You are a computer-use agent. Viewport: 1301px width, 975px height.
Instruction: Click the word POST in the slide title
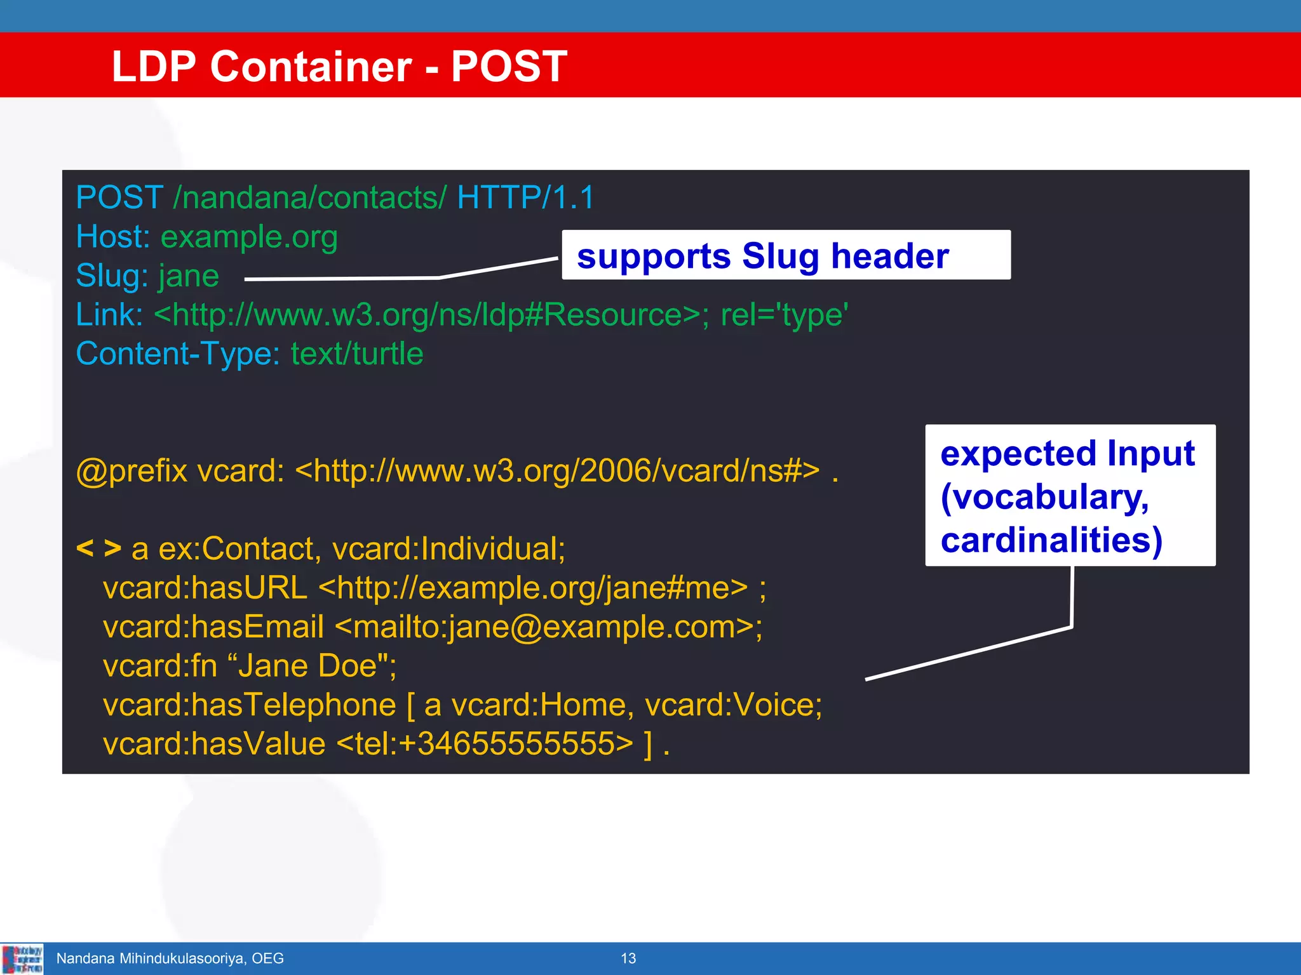[509, 66]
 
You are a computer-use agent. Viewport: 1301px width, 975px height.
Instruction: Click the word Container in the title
[311, 66]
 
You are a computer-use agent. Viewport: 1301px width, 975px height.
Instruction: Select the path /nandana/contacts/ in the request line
[310, 197]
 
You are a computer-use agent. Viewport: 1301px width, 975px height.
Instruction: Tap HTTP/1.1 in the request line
[525, 197]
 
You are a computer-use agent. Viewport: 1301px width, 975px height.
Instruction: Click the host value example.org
[249, 237]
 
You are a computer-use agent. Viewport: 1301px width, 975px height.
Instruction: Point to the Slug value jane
[189, 276]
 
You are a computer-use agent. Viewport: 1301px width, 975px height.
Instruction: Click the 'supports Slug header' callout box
[786, 255]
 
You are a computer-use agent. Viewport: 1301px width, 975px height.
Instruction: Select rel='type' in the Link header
[784, 315]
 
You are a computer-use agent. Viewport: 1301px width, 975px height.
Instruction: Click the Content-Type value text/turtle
[357, 354]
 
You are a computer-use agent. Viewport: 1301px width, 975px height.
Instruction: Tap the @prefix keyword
[131, 471]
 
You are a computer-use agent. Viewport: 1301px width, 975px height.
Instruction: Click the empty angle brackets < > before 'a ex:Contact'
[98, 547]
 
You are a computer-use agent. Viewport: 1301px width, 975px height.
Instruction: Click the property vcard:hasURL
[205, 588]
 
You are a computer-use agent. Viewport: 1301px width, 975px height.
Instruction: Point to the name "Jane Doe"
[311, 666]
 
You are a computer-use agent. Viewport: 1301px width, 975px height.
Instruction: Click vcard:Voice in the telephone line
[732, 705]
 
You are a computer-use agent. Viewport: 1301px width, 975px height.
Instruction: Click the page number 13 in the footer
[628, 958]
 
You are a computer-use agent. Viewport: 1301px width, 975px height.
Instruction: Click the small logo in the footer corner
[23, 958]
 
